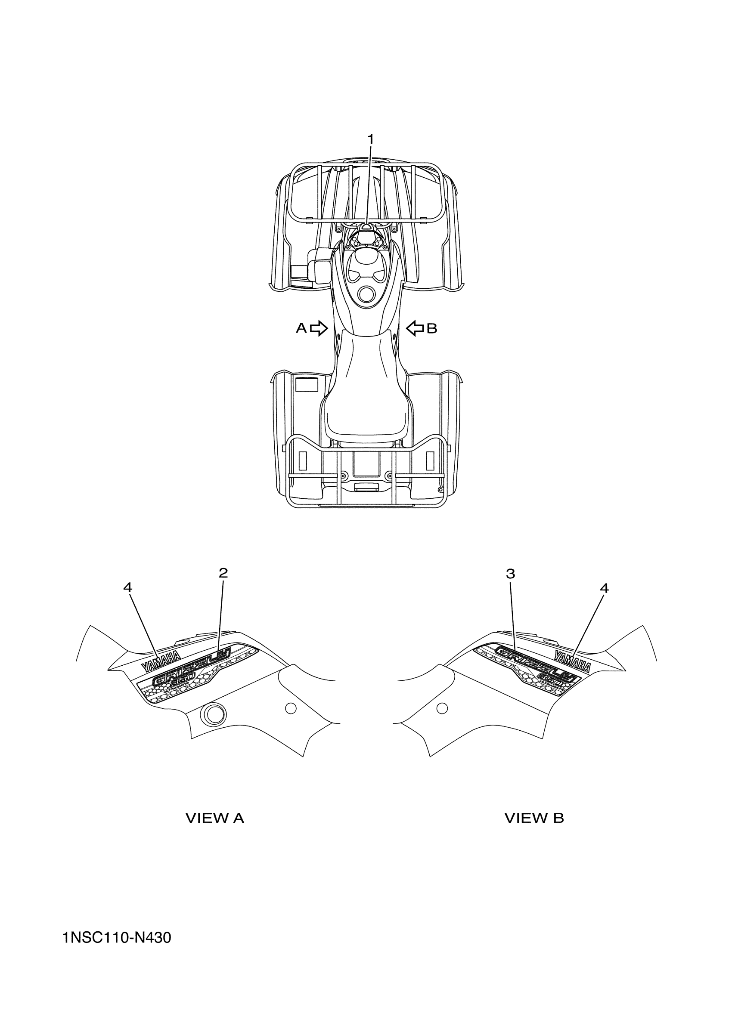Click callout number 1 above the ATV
click(x=370, y=139)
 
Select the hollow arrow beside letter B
click(x=415, y=329)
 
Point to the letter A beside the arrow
click(x=301, y=329)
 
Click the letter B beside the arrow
click(x=432, y=329)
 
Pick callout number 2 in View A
click(x=223, y=573)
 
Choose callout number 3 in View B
click(x=511, y=574)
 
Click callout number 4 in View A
click(x=128, y=588)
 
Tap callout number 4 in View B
click(x=604, y=588)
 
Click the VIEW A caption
click(x=215, y=818)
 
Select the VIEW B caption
click(x=534, y=818)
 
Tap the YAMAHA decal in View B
click(x=573, y=661)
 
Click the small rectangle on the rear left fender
click(x=306, y=384)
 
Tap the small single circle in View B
click(x=442, y=707)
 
